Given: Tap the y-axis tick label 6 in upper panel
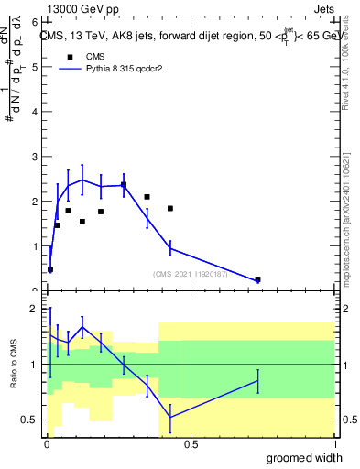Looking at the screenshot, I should pos(33,21).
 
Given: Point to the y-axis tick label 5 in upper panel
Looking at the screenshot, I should pos(33,66).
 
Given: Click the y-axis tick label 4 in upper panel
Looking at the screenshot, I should pos(33,111).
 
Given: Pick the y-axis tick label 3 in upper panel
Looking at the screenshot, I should pos(33,156).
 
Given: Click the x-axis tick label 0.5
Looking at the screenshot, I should pos(191,444).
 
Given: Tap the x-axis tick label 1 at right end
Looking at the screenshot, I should pos(333,444).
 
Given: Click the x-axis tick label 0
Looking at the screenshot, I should pos(47,444).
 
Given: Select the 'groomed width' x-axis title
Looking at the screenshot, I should pos(304,458).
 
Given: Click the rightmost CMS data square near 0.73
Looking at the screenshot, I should pos(257,279).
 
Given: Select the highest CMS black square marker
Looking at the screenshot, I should pos(124,185).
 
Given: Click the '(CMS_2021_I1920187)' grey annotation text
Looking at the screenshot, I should pos(193,273).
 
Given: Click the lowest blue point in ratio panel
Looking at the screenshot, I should pos(170,417).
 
